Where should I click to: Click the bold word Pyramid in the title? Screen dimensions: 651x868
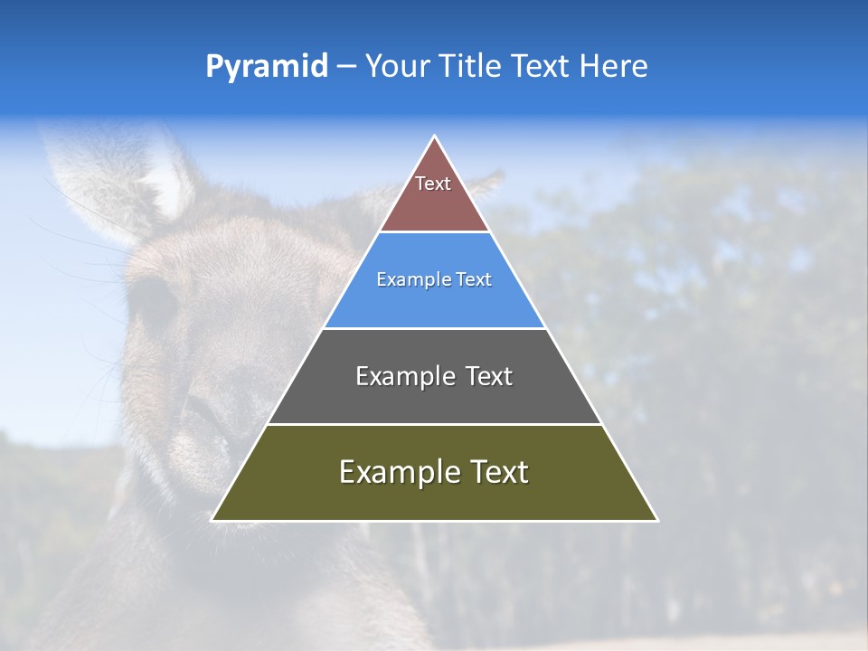coord(267,67)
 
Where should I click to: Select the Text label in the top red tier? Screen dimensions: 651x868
coord(433,184)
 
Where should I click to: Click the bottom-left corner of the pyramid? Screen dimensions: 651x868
coord(213,520)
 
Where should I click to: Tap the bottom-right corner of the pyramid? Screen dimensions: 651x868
coord(656,520)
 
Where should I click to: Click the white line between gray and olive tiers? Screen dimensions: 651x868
coord(435,424)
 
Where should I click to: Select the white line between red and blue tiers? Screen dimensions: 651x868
coord(435,231)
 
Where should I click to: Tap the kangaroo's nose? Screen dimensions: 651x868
coord(203,434)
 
